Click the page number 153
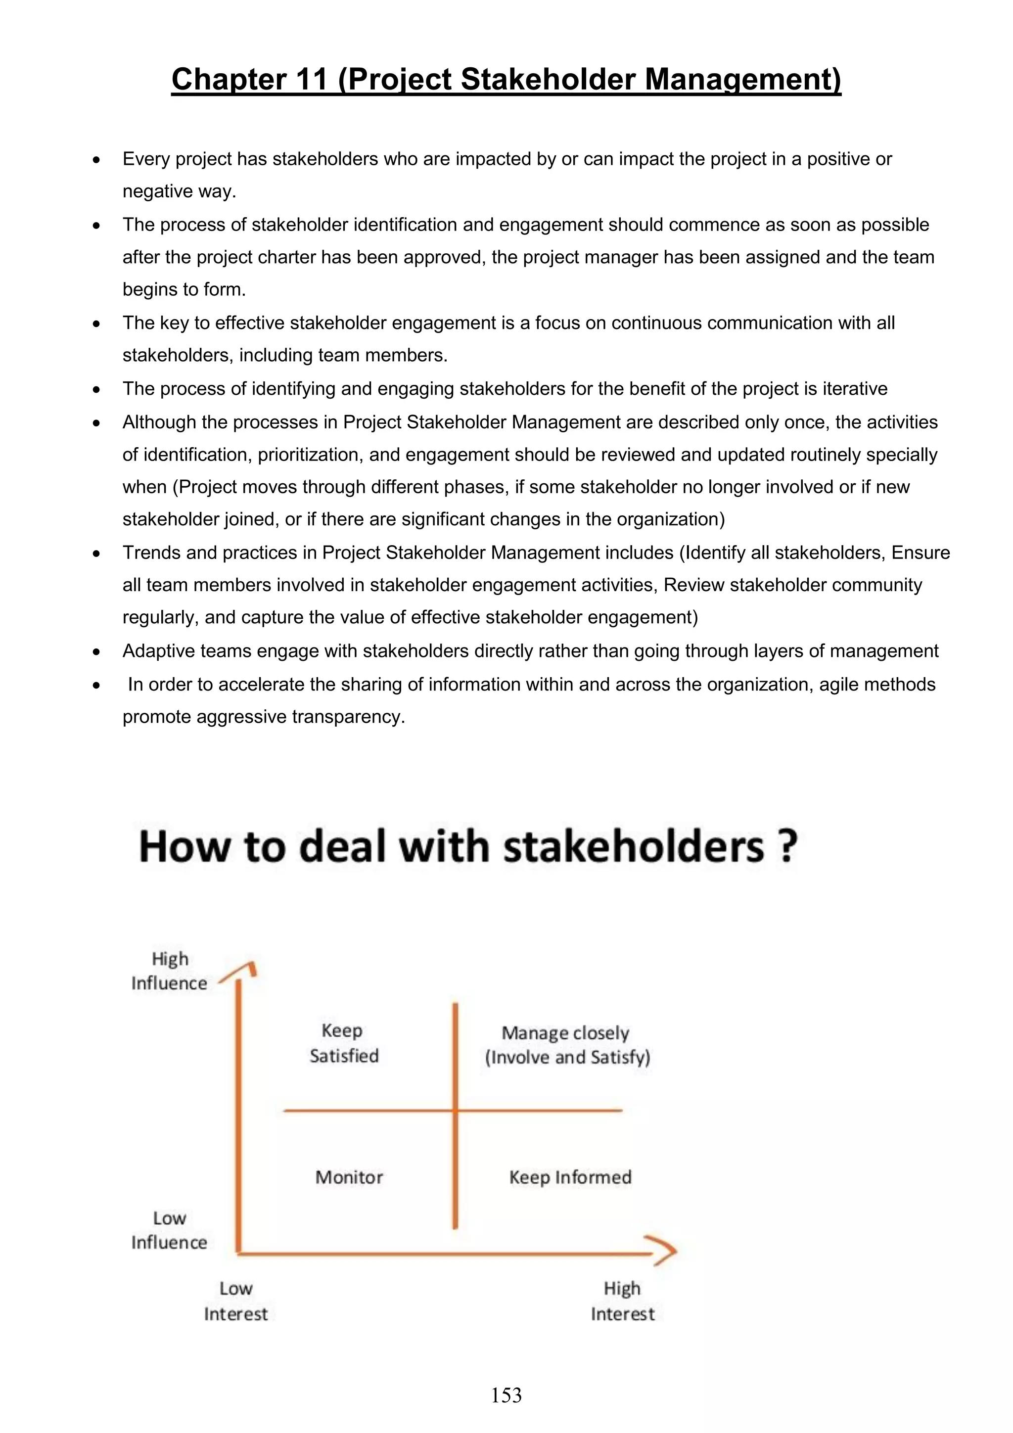(506, 1395)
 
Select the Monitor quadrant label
(349, 1177)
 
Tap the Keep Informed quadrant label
(570, 1177)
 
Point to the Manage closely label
(565, 1033)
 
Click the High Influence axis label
(169, 971)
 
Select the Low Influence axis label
(169, 1230)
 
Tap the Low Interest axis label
(236, 1301)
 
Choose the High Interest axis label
(622, 1301)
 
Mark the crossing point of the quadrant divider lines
(455, 1110)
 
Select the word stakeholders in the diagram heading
(634, 847)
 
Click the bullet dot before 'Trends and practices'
(96, 554)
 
